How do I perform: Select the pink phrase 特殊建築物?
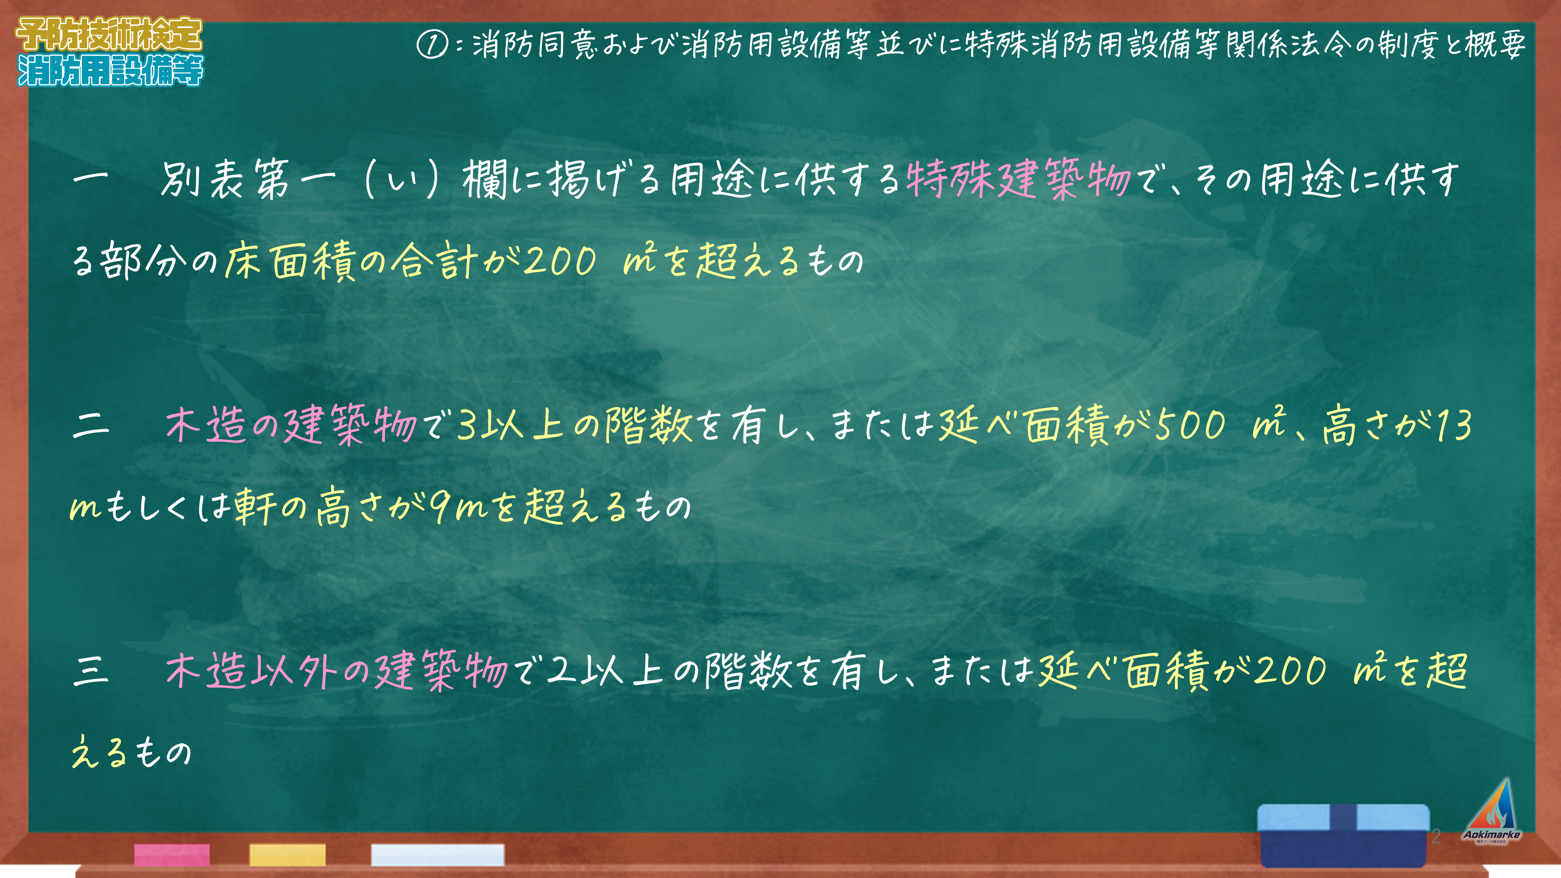click(x=1018, y=180)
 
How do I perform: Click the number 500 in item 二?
click(x=1191, y=425)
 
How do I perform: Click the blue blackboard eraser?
click(x=1344, y=835)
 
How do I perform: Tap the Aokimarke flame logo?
click(x=1491, y=810)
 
